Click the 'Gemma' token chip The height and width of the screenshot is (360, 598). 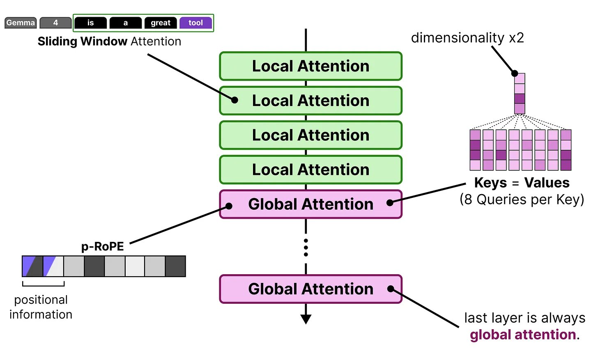21,23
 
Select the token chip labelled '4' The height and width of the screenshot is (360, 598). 55,23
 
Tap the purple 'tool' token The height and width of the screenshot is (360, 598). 195,23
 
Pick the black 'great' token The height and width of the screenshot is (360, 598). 160,23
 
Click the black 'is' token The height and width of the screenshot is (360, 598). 90,23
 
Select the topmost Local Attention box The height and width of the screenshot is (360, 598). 310,66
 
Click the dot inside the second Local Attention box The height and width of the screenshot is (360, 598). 235,100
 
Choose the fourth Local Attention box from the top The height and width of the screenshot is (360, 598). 310,170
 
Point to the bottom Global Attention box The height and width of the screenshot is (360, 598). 310,289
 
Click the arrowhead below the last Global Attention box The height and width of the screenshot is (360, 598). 306,319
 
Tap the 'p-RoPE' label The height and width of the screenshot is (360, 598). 102,246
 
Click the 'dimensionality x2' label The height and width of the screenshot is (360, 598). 467,38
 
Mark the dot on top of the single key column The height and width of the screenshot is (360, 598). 515,73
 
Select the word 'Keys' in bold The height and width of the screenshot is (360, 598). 490,183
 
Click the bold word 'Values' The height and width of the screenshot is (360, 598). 547,183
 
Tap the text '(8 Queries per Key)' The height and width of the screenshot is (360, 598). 522,199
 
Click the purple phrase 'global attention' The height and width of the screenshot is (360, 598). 523,335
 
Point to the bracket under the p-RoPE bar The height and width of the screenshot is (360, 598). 44,284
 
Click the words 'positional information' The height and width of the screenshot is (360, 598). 41,307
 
